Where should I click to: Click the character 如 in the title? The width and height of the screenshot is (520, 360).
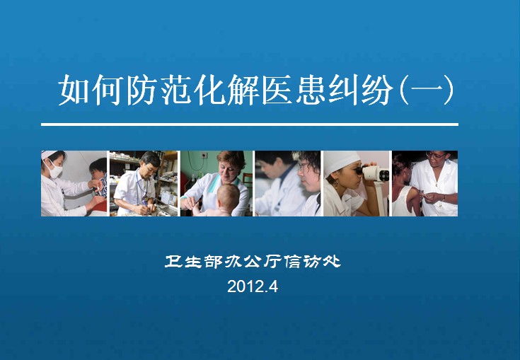click(x=74, y=90)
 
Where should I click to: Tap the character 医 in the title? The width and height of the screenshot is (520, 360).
click(x=277, y=90)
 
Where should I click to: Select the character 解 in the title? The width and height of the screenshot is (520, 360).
click(x=243, y=90)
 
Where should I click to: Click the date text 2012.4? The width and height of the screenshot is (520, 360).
click(x=253, y=286)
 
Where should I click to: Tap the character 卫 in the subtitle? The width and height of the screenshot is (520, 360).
click(x=173, y=261)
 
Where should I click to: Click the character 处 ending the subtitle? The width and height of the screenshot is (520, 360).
click(x=332, y=261)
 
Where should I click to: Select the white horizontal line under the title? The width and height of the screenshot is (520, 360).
click(x=250, y=124)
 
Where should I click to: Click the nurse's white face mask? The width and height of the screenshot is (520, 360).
click(x=54, y=170)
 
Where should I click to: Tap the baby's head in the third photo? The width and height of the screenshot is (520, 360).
click(x=229, y=198)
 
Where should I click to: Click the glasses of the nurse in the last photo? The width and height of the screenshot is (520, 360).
click(x=436, y=155)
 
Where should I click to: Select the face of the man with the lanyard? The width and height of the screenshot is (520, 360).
click(x=149, y=167)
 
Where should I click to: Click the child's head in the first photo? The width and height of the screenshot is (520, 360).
click(x=99, y=170)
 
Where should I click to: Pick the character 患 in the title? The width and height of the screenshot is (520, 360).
click(x=311, y=90)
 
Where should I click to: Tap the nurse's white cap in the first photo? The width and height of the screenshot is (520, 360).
click(x=49, y=154)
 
